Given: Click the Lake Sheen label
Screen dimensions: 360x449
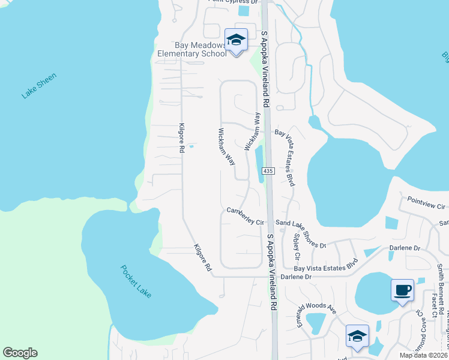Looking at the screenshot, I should [39, 86].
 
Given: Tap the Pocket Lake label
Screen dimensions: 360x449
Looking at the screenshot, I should [136, 281].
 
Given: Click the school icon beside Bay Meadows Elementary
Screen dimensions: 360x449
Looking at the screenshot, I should [236, 40].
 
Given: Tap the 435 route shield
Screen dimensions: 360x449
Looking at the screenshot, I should [268, 171].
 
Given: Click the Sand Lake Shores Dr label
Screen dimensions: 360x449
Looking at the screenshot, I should [300, 234].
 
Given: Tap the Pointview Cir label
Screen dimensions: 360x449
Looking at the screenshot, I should [426, 203].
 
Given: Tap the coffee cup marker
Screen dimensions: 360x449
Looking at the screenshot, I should [402, 290].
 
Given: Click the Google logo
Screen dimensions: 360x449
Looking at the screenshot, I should [20, 353].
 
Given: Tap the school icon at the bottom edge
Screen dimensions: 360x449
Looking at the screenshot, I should [357, 335].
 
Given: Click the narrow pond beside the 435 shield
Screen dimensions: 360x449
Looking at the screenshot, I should [260, 164].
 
